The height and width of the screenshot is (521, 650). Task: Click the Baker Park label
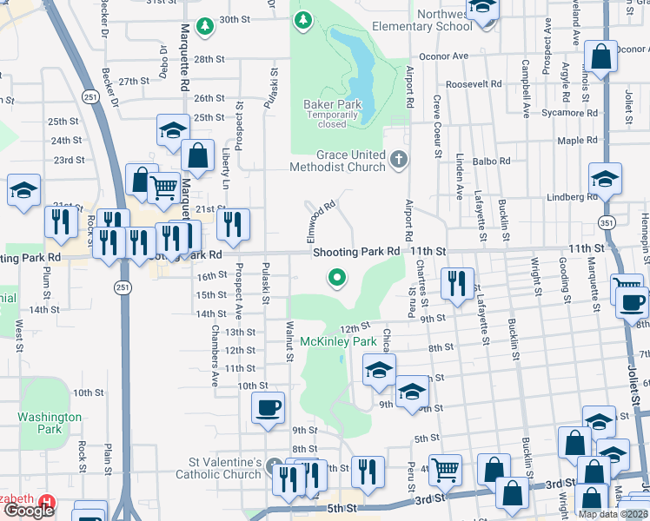[332, 104]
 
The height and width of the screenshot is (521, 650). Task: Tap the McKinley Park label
[337, 341]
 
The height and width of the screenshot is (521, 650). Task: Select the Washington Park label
[50, 423]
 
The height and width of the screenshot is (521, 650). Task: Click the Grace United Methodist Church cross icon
[399, 159]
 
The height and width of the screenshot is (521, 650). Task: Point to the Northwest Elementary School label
[421, 20]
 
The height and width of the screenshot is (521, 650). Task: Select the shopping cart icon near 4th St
[446, 470]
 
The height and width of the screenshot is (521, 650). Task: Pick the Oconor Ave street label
[443, 56]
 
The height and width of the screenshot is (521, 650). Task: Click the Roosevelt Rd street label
[474, 85]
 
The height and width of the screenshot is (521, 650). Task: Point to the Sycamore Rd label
[568, 113]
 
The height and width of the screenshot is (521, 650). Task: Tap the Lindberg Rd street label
[570, 197]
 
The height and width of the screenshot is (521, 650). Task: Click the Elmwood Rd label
[318, 221]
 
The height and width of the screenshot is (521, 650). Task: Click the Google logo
[29, 511]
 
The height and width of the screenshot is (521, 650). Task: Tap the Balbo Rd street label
[489, 161]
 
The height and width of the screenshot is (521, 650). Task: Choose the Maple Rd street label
[571, 141]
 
